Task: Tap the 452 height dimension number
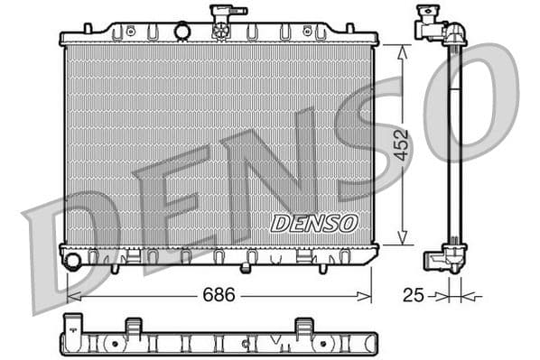(x=402, y=144)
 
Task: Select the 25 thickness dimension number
(x=414, y=294)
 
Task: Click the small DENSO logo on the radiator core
(x=314, y=222)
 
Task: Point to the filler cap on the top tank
(x=222, y=20)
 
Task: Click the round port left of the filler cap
(x=183, y=32)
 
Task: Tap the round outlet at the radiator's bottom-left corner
(x=73, y=262)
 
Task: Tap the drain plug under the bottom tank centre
(x=246, y=267)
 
